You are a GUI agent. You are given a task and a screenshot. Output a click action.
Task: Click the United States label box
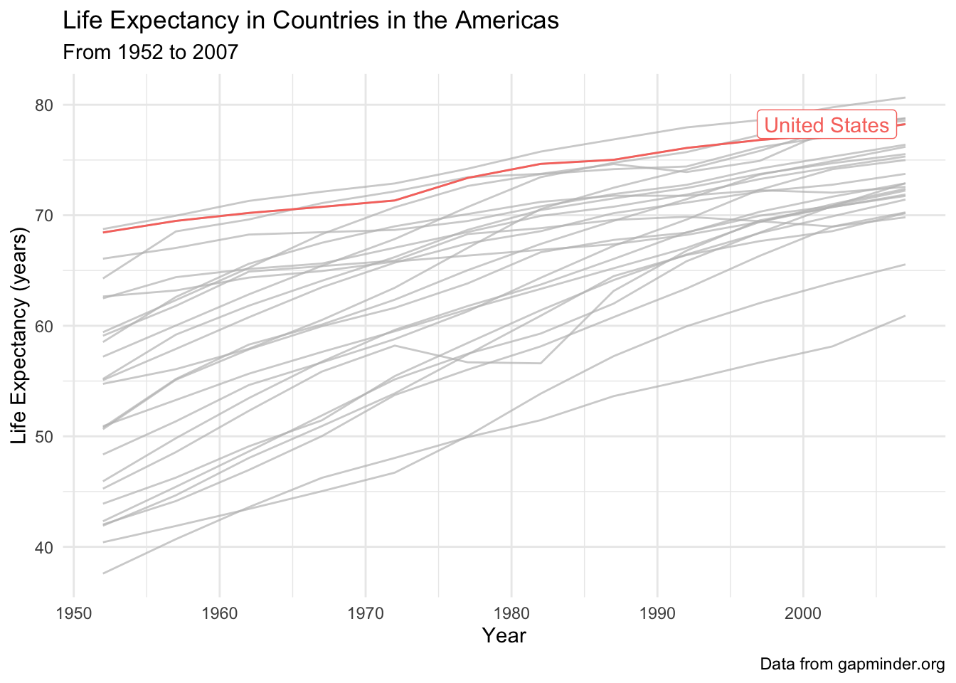pos(827,125)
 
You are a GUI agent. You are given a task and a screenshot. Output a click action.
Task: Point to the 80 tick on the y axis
pos(44,105)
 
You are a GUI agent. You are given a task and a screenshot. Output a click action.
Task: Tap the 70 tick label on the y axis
pos(44,216)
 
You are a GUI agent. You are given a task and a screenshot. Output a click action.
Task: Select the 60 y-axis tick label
pos(44,326)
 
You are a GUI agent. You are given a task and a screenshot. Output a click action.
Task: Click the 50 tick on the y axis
pos(44,437)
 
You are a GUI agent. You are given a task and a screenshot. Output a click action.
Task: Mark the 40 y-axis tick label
pos(44,547)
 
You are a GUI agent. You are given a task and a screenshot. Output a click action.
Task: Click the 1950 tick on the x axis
pos(74,613)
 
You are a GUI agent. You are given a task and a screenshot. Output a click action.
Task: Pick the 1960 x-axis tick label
pos(219,613)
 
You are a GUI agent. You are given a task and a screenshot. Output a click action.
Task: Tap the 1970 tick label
pos(366,613)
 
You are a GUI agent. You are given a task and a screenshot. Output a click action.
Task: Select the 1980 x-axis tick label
pos(511,613)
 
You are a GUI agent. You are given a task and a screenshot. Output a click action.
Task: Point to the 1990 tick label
pos(657,613)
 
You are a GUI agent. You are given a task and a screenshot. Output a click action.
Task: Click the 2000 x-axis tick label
pos(803,613)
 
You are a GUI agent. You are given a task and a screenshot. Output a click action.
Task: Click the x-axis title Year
pos(504,635)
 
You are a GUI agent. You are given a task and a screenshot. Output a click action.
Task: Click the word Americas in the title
pos(506,20)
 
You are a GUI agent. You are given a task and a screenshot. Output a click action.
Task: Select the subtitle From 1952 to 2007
pos(150,53)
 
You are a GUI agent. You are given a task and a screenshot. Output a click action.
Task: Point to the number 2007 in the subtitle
pos(215,53)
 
